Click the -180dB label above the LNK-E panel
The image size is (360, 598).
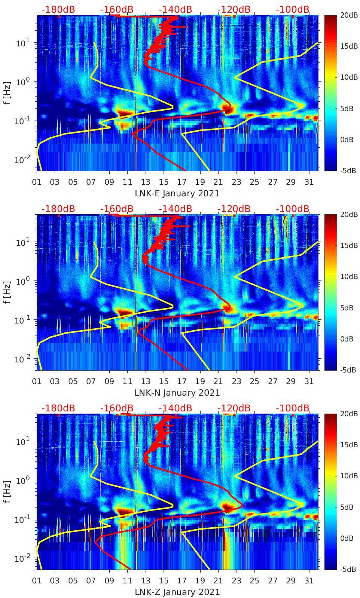(58, 9)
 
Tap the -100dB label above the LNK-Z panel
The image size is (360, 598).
(293, 408)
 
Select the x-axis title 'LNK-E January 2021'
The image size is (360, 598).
(177, 193)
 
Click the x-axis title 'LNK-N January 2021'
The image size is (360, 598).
(177, 393)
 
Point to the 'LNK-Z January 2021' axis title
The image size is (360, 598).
(177, 592)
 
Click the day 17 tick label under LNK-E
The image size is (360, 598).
(182, 182)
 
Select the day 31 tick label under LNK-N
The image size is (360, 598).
(309, 381)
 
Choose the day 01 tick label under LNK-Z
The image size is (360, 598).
(37, 581)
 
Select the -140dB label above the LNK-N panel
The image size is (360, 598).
(175, 209)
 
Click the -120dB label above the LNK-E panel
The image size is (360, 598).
(234, 9)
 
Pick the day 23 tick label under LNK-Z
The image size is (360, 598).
(236, 581)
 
